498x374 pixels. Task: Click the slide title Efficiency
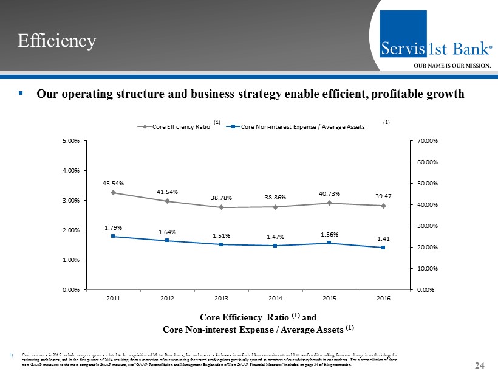pyautogui.click(x=56, y=41)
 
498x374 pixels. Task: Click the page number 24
pyautogui.click(x=480, y=365)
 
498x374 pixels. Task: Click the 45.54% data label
pyautogui.click(x=113, y=182)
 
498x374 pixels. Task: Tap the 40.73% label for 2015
pyautogui.click(x=329, y=193)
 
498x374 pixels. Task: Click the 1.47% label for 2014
pyautogui.click(x=275, y=237)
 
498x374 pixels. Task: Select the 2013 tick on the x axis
pyautogui.click(x=221, y=298)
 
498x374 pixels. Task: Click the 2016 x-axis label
pyautogui.click(x=383, y=298)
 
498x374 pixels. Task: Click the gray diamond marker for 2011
pyautogui.click(x=113, y=193)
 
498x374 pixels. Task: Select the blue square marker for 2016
pyautogui.click(x=383, y=248)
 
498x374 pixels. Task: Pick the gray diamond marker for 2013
pyautogui.click(x=221, y=207)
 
